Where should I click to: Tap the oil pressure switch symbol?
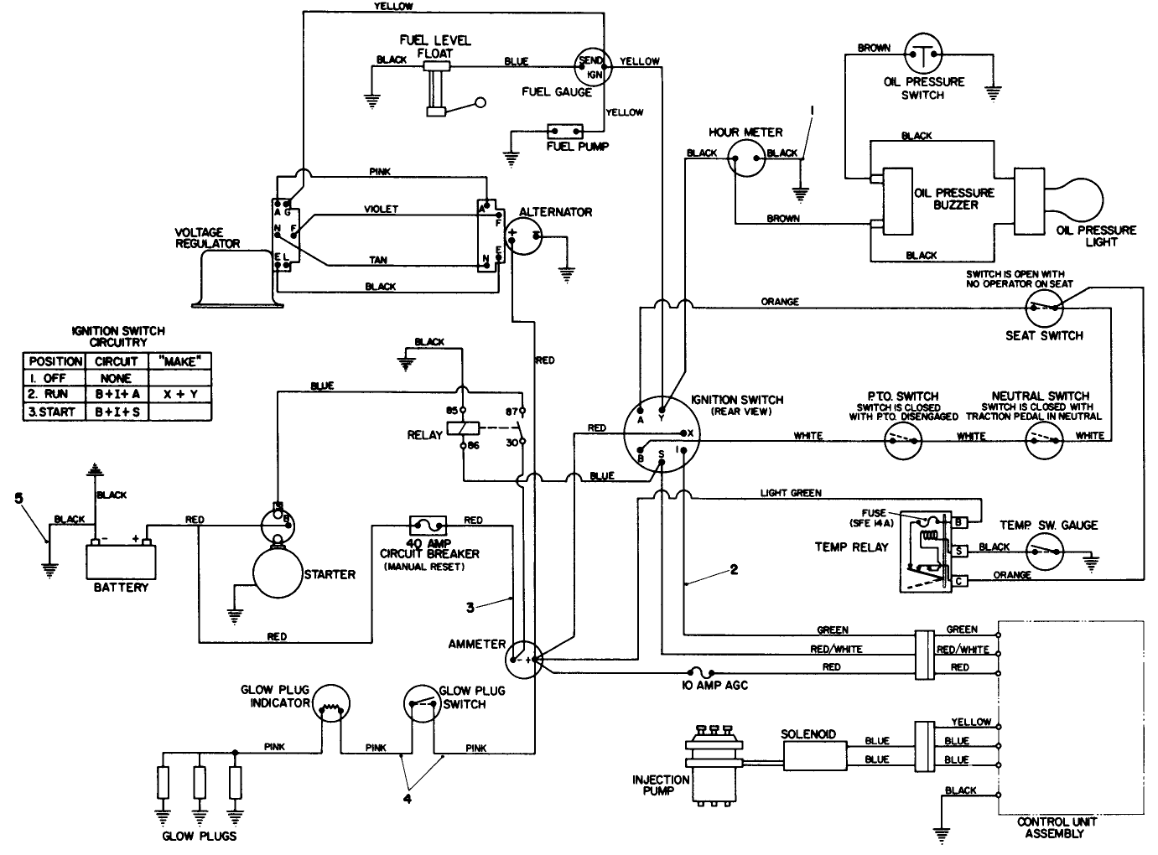922,54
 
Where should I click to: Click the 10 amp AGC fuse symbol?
700,671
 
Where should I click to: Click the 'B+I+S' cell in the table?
116,412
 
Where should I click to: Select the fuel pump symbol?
565,132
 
